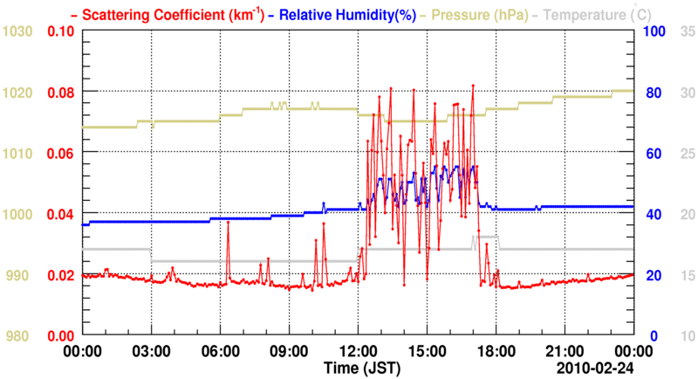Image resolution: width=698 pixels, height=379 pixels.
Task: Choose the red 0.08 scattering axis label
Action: pyautogui.click(x=60, y=93)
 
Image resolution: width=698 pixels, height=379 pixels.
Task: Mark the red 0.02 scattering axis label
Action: pyautogui.click(x=60, y=275)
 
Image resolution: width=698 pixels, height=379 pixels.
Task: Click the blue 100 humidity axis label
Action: pyautogui.click(x=654, y=31)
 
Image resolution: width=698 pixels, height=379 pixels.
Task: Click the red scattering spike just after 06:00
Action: pyautogui.click(x=228, y=223)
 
